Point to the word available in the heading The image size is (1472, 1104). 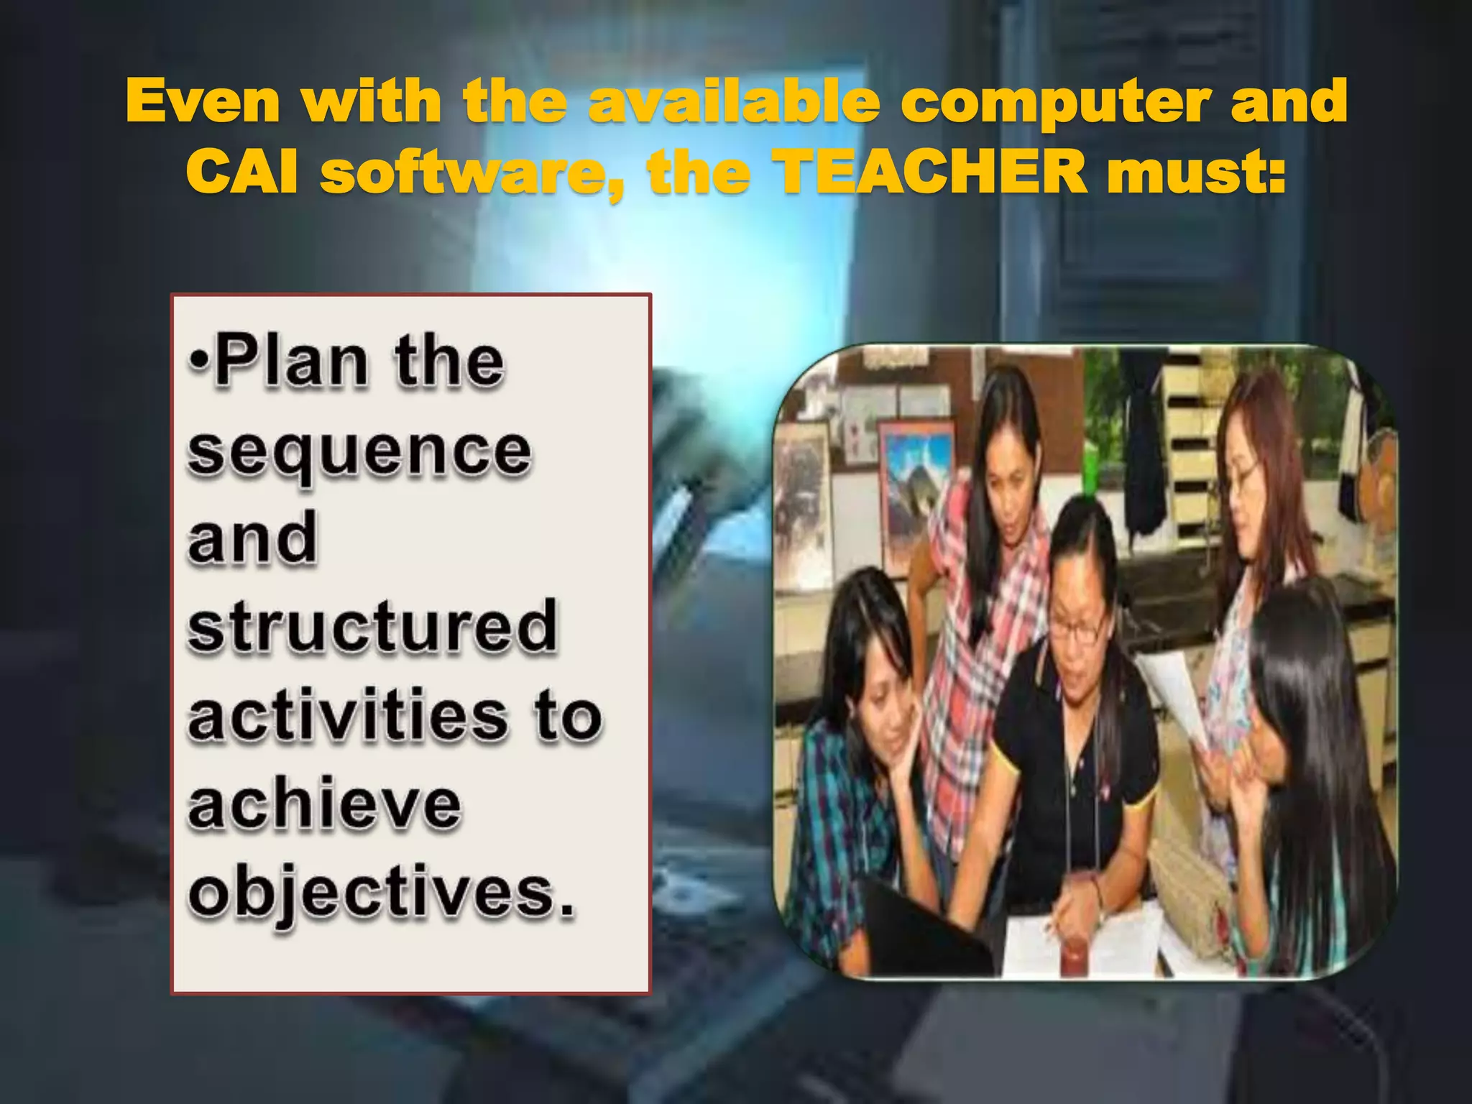(734, 101)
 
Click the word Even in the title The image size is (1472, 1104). (203, 101)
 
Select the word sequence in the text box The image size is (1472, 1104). (359, 453)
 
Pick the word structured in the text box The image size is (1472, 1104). (372, 625)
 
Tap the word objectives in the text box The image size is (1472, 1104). (374, 894)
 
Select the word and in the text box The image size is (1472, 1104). (252, 538)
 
